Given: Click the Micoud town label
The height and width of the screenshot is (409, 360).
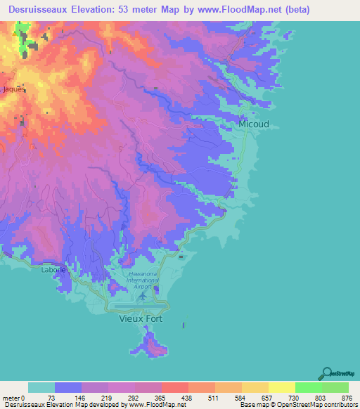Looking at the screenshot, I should coord(253,124).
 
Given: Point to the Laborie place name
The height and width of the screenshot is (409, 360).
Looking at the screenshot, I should coord(53,270).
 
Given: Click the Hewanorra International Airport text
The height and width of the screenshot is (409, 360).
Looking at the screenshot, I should coord(143,280).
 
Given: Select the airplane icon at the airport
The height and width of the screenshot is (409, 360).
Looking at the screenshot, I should coord(143,295).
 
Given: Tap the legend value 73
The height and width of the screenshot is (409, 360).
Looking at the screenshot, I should coord(51,398).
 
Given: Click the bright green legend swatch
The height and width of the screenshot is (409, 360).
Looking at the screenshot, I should coord(308,387).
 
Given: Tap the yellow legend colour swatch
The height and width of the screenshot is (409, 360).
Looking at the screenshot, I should coord(281,387).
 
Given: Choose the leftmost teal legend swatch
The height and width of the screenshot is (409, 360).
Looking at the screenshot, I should coord(41,387).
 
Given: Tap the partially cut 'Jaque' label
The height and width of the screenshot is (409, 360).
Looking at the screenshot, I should coord(13,89).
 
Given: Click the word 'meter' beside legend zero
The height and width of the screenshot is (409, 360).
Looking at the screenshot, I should coord(11,398).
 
